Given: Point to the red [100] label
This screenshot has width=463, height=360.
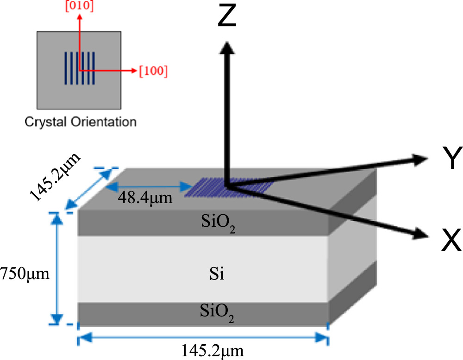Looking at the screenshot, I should pyautogui.click(x=153, y=71).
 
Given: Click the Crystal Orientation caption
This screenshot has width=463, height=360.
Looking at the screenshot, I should pyautogui.click(x=80, y=122).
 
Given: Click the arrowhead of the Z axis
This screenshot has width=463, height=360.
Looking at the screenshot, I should pyautogui.click(x=226, y=46).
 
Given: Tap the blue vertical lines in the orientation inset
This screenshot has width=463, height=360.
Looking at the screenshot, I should pyautogui.click(x=80, y=68).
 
